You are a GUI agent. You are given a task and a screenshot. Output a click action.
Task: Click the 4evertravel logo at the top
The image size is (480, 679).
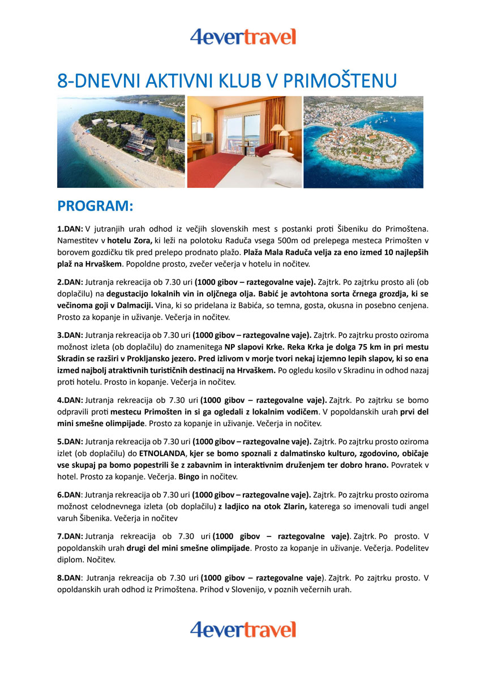pos(243,37)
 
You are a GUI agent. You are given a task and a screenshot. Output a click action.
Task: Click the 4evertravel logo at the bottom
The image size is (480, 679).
pos(243,629)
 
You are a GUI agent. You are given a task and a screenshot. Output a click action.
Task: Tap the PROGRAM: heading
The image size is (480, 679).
pos(95,207)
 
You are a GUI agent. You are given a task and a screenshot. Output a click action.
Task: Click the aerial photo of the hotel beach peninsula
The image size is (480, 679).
pos(121,141)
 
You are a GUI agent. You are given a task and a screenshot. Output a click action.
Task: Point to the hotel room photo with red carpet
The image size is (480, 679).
pos(244,141)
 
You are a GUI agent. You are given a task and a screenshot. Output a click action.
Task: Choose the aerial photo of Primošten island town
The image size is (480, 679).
pos(363,141)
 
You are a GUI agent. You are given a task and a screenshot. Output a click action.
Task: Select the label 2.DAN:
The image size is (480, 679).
pos(70,282)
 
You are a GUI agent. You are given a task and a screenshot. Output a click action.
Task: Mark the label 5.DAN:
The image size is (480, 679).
pos(70,441)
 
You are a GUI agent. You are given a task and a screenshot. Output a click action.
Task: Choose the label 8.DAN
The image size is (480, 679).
pos(69,578)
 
